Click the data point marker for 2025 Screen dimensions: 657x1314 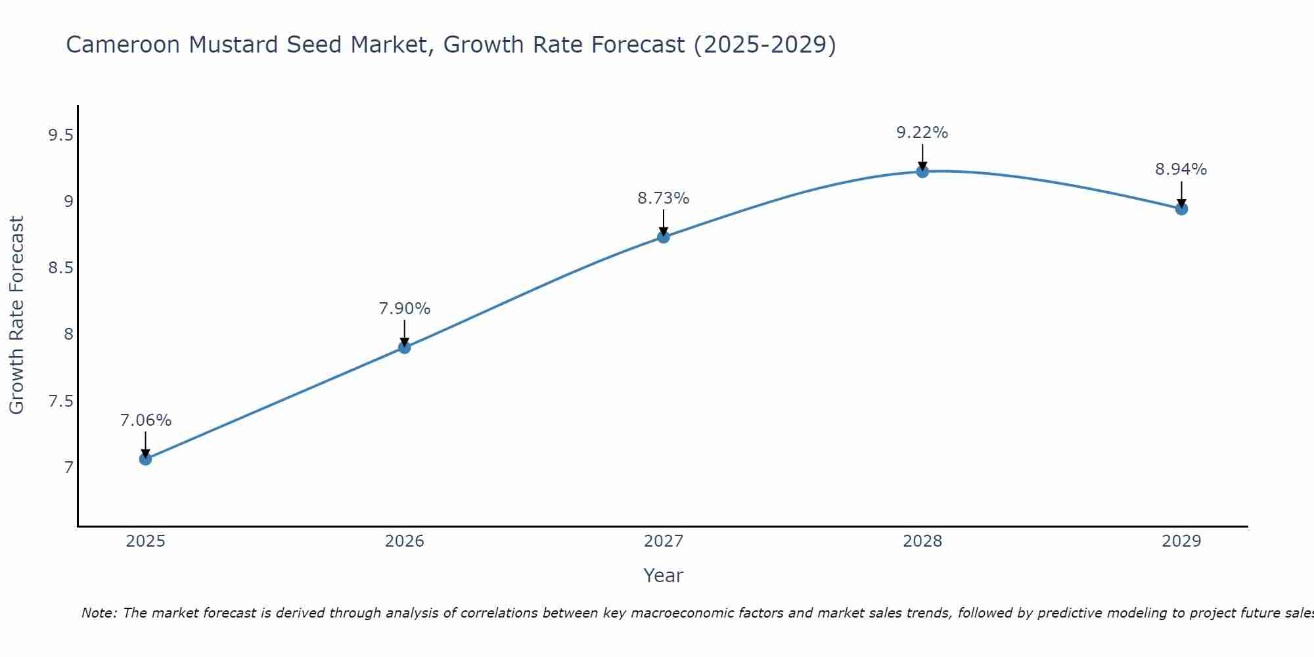pyautogui.click(x=146, y=459)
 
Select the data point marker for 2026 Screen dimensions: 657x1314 pyautogui.click(x=405, y=347)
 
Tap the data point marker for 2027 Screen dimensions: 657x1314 pyautogui.click(x=664, y=237)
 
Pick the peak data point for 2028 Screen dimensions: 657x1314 pyautogui.click(x=922, y=171)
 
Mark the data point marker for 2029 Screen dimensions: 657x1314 pyautogui.click(x=1181, y=209)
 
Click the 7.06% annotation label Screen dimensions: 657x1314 pyautogui.click(x=146, y=420)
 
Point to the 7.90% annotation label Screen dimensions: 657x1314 pyautogui.click(x=405, y=309)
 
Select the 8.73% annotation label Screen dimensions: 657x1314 pyautogui.click(x=664, y=198)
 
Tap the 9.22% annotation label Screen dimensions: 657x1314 pyautogui.click(x=922, y=133)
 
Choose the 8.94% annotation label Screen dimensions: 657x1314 pyautogui.click(x=1181, y=170)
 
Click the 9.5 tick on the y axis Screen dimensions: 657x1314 pyautogui.click(x=60, y=136)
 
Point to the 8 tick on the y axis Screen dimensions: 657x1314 pyautogui.click(x=68, y=334)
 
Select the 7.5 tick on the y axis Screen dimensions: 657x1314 pyautogui.click(x=60, y=401)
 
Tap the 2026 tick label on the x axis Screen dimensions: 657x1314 pyautogui.click(x=405, y=541)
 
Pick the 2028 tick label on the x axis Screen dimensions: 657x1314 pyautogui.click(x=922, y=541)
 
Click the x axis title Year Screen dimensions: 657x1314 pyautogui.click(x=664, y=576)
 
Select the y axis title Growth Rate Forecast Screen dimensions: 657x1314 pyautogui.click(x=16, y=315)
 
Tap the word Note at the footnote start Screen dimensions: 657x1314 pyautogui.click(x=99, y=613)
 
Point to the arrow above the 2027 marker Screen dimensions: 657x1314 pyautogui.click(x=664, y=222)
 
